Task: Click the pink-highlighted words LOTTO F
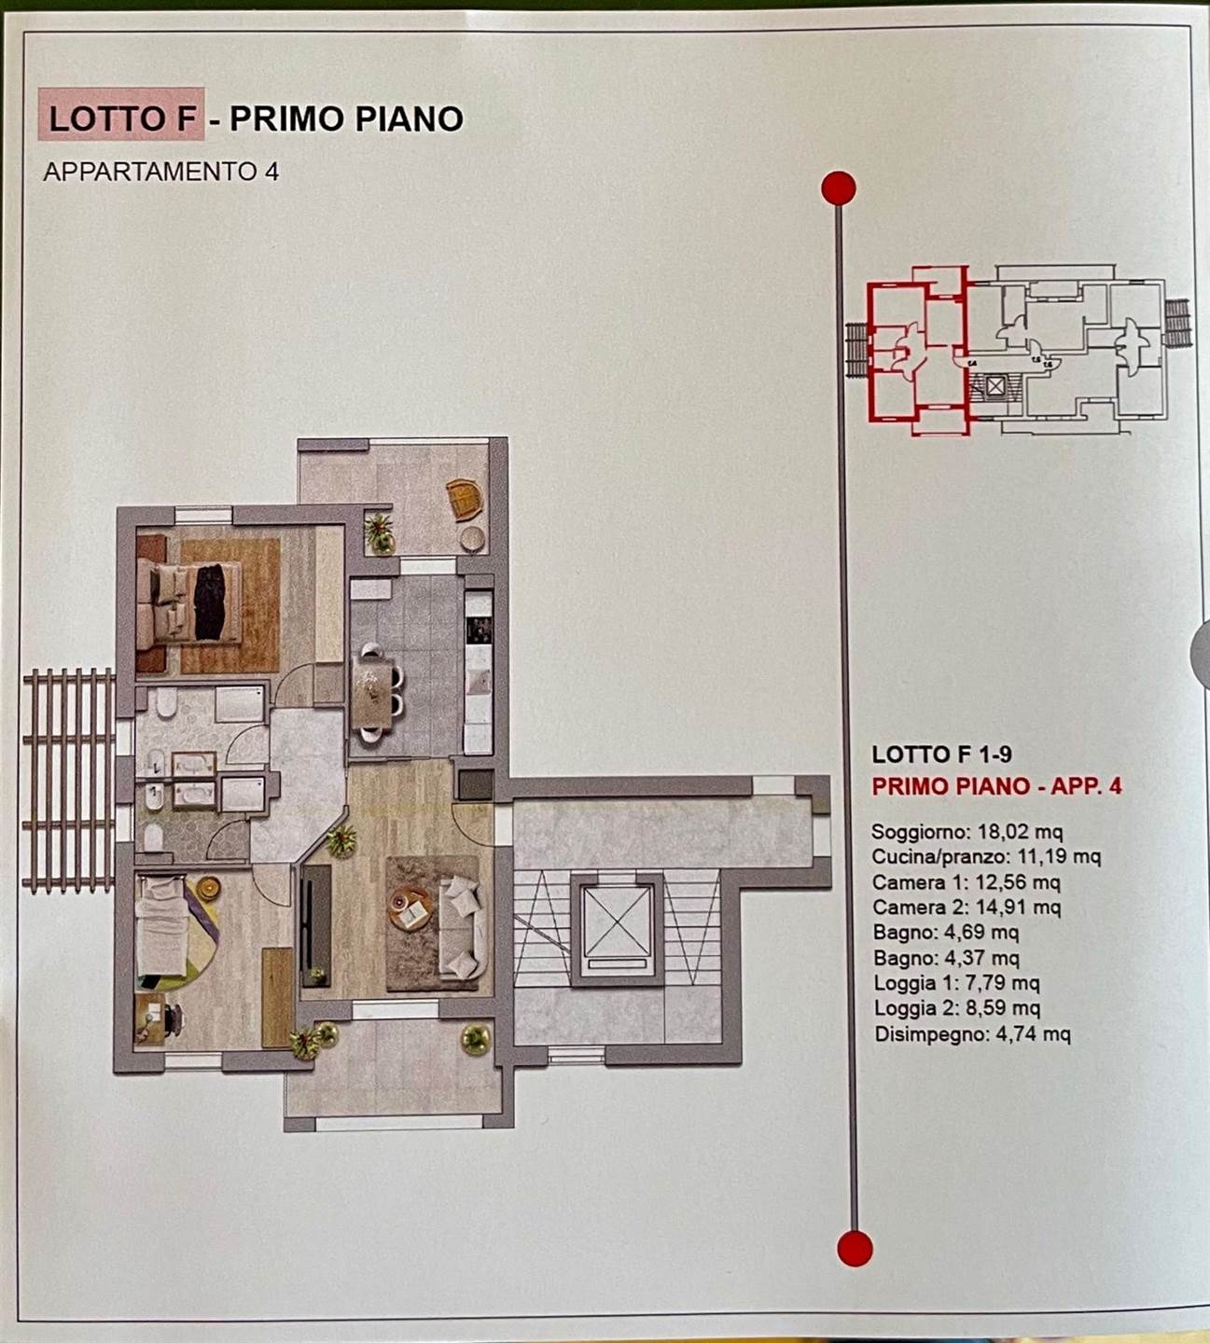[122, 118]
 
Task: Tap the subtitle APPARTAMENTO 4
[160, 172]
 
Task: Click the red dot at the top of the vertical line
[838, 188]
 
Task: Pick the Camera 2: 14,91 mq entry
[967, 907]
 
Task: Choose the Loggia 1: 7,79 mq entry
[957, 984]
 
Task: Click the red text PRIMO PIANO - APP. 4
[996, 786]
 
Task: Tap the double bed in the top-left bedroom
[189, 602]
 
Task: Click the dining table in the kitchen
[372, 692]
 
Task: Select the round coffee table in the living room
[410, 907]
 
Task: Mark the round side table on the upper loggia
[473, 538]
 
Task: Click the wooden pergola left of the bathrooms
[69, 780]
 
